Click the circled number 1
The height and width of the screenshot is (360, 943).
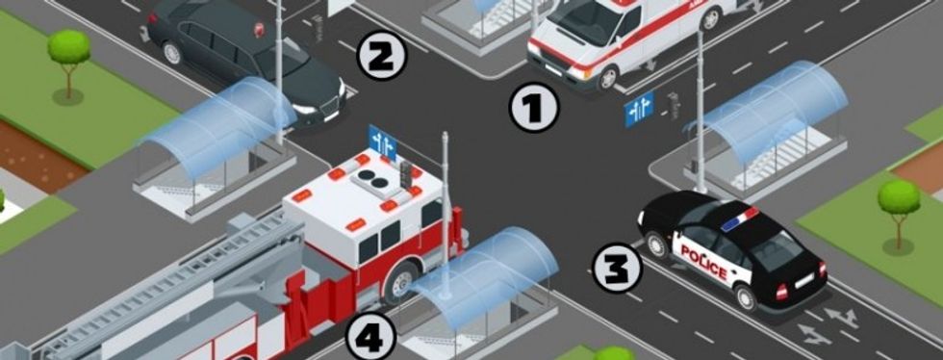(534, 109)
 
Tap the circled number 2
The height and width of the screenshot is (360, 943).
(383, 56)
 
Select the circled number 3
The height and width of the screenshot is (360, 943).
(618, 268)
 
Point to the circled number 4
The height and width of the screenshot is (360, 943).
(370, 336)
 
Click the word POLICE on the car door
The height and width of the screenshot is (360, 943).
(703, 261)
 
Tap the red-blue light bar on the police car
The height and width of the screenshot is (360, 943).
(740, 219)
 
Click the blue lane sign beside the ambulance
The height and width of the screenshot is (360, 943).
(639, 109)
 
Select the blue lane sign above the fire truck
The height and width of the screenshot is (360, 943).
(383, 142)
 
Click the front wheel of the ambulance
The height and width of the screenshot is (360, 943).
(608, 77)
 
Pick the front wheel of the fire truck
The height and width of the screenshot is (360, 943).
(399, 282)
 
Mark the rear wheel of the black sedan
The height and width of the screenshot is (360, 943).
(172, 52)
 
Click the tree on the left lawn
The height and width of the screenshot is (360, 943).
(68, 62)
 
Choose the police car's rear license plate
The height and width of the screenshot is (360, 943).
(804, 280)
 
